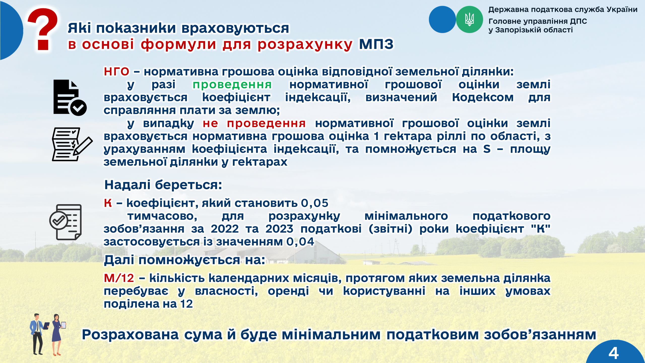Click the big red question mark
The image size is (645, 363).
point(43,29)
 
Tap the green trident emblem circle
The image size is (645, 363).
point(469,19)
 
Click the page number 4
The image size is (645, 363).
point(614,353)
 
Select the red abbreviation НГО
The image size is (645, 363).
point(117,72)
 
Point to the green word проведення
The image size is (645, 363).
point(232,85)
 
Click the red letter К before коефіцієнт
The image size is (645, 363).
point(108,203)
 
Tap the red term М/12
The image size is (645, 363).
point(119,278)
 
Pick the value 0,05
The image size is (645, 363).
point(315,203)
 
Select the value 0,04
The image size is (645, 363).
point(300,242)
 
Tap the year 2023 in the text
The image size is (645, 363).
point(279,229)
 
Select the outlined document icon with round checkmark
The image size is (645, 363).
point(66,222)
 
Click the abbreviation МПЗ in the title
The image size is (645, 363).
point(376,44)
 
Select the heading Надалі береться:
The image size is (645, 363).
point(163,185)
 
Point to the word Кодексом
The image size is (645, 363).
point(483,97)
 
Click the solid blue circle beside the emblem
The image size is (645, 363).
point(442,19)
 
